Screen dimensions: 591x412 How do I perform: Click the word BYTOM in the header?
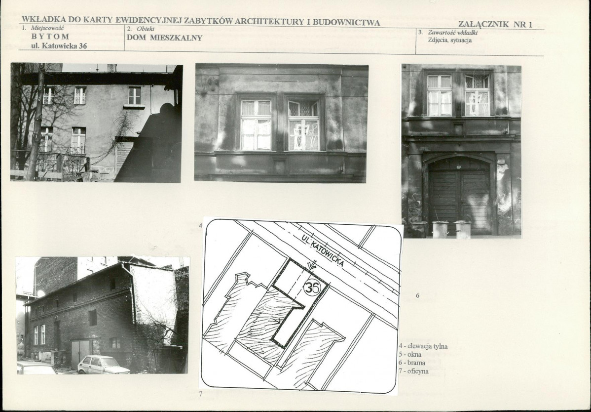[x=50, y=37]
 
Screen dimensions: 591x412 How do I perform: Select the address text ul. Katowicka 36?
[x=59, y=46]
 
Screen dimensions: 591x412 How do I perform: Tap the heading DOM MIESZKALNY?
[x=164, y=38]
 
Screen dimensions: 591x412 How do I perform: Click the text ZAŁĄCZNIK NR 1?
[x=495, y=25]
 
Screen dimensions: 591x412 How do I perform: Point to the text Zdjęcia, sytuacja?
[x=449, y=40]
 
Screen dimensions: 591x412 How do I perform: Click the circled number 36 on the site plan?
[x=312, y=288]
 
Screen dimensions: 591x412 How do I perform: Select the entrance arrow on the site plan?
[x=312, y=266]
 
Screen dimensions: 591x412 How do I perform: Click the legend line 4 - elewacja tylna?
[x=423, y=346]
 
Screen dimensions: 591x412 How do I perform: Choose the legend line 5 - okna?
[x=410, y=355]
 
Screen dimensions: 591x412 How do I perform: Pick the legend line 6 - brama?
[x=411, y=363]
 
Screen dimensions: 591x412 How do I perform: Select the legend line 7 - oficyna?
[x=413, y=371]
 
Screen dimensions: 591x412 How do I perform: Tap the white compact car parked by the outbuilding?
[x=103, y=365]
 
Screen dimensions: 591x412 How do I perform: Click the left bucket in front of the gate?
[x=440, y=229]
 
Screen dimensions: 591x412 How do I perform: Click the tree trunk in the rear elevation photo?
[x=37, y=122]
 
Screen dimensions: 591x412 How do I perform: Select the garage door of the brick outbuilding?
[x=81, y=353]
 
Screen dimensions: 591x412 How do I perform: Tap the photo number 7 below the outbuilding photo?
[x=200, y=394]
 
